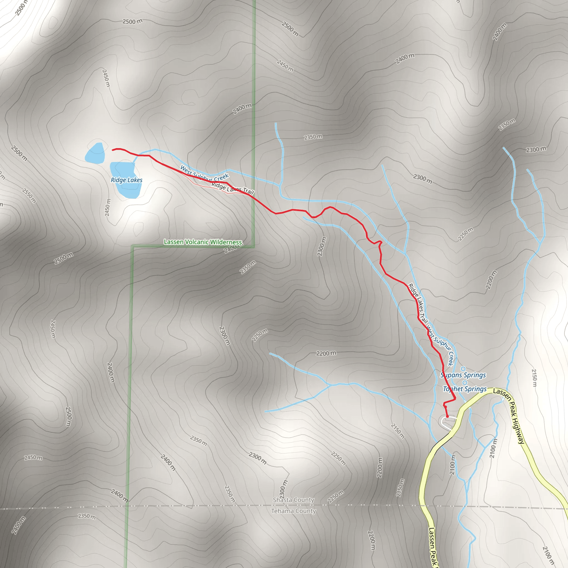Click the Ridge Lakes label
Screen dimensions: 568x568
click(126, 180)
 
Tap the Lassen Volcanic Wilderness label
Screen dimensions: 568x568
click(203, 242)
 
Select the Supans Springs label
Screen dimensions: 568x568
click(463, 375)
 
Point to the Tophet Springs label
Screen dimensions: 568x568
click(465, 389)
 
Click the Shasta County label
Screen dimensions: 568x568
click(293, 500)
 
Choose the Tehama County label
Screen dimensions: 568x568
click(293, 511)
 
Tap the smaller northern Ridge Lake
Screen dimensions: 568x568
click(95, 153)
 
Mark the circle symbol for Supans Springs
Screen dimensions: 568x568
click(463, 369)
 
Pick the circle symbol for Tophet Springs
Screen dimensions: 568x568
click(465, 382)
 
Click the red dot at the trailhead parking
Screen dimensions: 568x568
click(447, 416)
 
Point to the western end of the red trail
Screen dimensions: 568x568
click(113, 150)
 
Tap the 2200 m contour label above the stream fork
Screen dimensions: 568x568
click(326, 353)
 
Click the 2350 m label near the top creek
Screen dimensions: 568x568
click(313, 137)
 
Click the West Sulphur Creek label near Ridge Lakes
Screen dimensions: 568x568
click(204, 174)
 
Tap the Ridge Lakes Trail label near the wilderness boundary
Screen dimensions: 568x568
click(232, 188)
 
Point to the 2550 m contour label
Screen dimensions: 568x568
click(29, 196)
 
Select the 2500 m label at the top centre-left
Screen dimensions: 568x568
click(132, 21)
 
